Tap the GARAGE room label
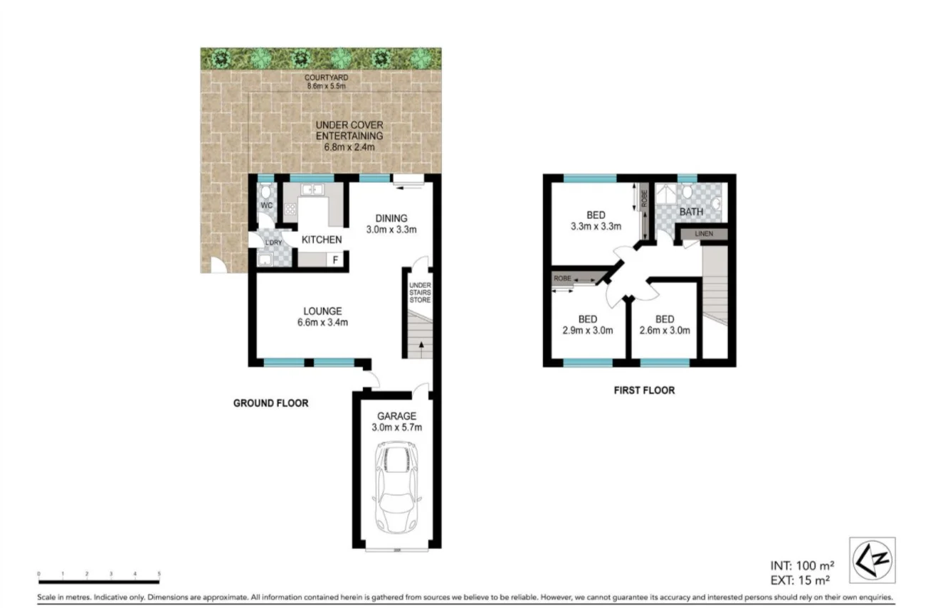pos(396,416)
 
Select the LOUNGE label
pos(322,311)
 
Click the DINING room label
pos(391,218)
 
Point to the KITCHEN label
pos(322,240)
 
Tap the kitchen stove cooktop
pos(290,209)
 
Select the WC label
pos(267,206)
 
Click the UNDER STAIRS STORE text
pos(419,293)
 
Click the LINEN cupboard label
pos(704,234)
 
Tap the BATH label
pos(690,212)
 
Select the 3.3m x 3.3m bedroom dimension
pos(596,228)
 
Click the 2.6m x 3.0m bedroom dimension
pos(665,330)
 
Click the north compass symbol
pos(872,560)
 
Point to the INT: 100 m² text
pos(802,566)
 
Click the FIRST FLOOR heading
pos(644,390)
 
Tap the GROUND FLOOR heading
pos(271,403)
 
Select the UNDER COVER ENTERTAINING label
pos(349,130)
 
